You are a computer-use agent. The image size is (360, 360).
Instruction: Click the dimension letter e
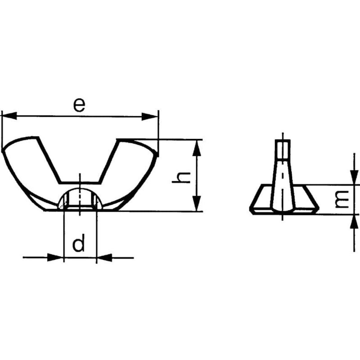(x=79, y=104)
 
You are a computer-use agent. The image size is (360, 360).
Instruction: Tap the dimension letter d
(x=79, y=244)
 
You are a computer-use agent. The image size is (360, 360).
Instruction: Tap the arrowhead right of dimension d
(x=104, y=257)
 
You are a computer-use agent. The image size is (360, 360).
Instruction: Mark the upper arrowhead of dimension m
(x=354, y=177)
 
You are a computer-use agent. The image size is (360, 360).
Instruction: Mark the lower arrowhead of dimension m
(x=354, y=221)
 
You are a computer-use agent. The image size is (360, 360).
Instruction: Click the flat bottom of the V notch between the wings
(x=80, y=183)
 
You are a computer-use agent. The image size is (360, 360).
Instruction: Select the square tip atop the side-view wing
(x=283, y=149)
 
